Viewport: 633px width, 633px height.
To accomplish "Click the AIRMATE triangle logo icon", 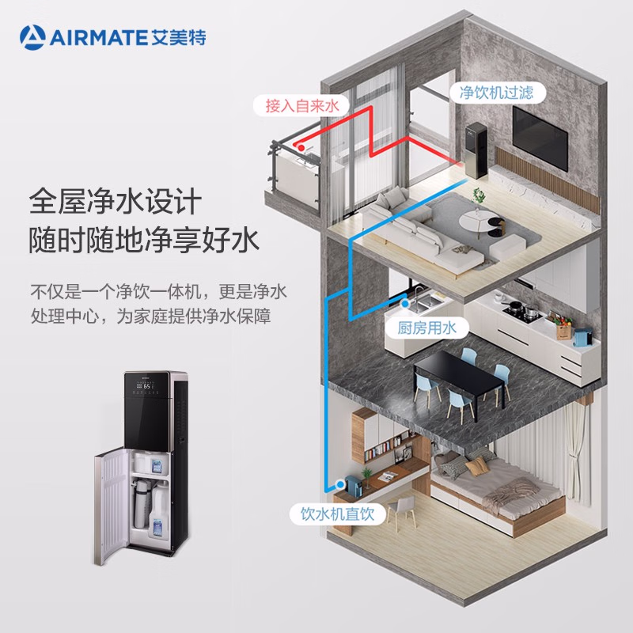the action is coord(34,36).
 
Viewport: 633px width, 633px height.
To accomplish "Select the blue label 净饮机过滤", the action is coord(497,93).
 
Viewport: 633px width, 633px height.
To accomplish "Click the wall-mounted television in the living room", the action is coord(540,136).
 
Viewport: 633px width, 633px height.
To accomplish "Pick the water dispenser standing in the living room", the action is coord(476,150).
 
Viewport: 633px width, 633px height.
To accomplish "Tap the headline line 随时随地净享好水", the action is coord(144,241).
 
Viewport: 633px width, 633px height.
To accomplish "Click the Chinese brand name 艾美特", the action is coord(182,36).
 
